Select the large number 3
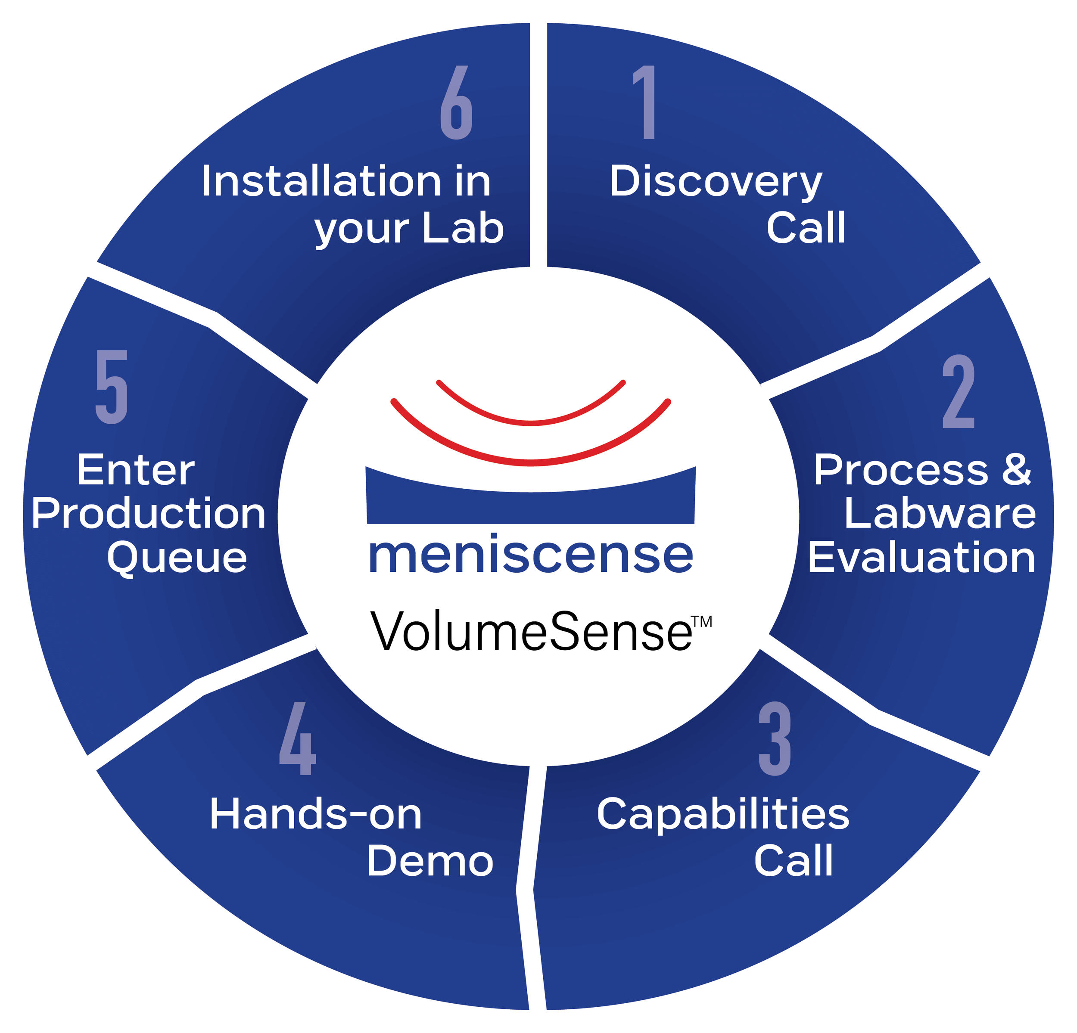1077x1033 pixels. pyautogui.click(x=775, y=738)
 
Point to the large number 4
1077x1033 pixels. pyautogui.click(x=298, y=738)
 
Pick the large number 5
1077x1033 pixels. pyautogui.click(x=112, y=387)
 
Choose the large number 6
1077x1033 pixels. pyautogui.click(x=457, y=102)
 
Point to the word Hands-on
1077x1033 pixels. pyautogui.click(x=315, y=814)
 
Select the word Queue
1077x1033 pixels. pyautogui.click(x=177, y=558)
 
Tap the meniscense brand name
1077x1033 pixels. pyautogui.click(x=531, y=556)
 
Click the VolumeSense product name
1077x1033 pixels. pyautogui.click(x=531, y=632)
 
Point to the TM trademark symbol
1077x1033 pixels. pyautogui.click(x=702, y=622)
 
